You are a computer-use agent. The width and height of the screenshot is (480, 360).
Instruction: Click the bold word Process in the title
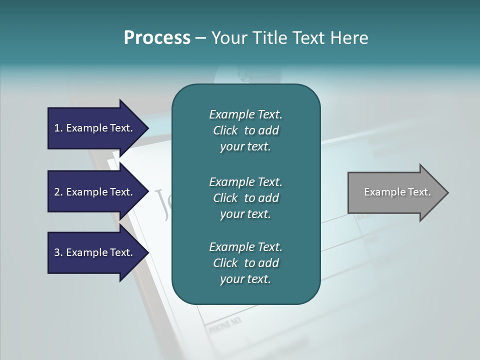[157, 38]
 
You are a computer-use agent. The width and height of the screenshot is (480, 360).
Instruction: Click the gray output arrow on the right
[397, 192]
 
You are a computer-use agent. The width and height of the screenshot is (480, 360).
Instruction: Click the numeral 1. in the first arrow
[58, 128]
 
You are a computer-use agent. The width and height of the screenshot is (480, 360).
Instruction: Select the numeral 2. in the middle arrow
[58, 192]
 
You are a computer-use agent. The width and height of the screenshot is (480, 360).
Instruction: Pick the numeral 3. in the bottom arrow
[58, 252]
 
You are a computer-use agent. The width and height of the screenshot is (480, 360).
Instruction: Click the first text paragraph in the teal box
[245, 130]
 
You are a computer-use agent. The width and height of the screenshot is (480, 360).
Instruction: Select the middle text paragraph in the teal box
[245, 198]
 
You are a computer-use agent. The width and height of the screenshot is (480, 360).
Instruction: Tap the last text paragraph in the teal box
[245, 263]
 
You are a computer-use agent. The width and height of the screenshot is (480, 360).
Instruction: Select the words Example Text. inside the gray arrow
[397, 192]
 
